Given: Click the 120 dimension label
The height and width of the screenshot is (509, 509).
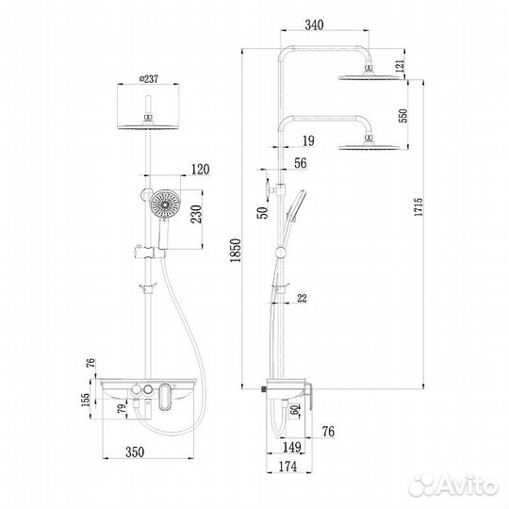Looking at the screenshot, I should (x=200, y=171).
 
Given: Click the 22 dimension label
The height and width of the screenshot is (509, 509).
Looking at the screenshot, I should (x=302, y=299).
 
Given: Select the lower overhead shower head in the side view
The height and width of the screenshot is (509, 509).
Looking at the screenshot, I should (x=360, y=144).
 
